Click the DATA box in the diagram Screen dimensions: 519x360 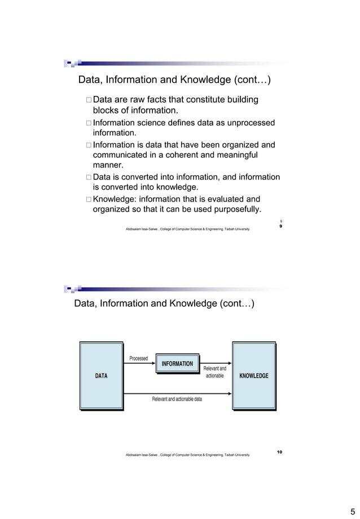101,375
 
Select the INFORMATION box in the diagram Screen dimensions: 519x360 177,364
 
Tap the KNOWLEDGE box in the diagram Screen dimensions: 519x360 253,375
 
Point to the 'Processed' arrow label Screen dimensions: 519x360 139,358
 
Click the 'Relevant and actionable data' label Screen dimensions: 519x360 177,399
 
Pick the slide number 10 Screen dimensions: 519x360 280,452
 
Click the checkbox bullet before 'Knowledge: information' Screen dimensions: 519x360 87,199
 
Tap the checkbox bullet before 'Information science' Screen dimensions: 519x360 87,123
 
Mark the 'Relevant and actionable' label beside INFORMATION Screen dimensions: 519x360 214,372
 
